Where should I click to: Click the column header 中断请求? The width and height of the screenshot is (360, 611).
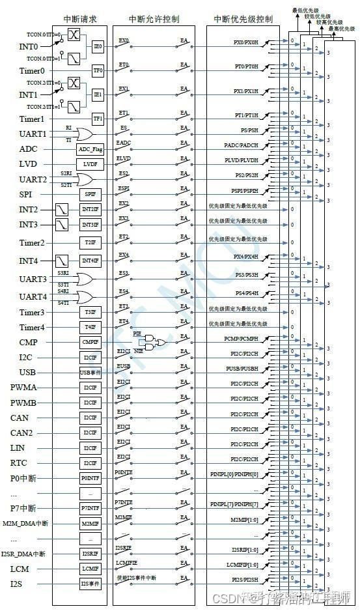tap(79, 20)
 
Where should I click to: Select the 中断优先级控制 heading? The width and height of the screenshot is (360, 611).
tap(243, 20)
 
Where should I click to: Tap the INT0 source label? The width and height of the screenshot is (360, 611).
tap(29, 47)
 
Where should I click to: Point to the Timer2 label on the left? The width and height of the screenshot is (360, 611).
tap(32, 243)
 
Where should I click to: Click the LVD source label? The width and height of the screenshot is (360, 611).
tap(27, 164)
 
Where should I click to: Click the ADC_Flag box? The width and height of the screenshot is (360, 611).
tap(90, 149)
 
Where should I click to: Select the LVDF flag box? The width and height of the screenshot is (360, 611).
tap(90, 164)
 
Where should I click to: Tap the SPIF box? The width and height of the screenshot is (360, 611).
tap(90, 194)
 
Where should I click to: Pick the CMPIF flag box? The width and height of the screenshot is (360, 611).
tap(90, 341)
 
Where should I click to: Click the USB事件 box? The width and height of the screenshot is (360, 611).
tap(90, 373)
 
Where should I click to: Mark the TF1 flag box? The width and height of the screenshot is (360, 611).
tap(98, 119)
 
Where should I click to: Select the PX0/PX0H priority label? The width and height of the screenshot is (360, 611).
tap(246, 42)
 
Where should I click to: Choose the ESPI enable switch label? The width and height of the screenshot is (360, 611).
tap(123, 190)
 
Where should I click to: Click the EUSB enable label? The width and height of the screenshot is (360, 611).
tap(123, 367)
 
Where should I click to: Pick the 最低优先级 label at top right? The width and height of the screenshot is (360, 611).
tap(305, 10)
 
